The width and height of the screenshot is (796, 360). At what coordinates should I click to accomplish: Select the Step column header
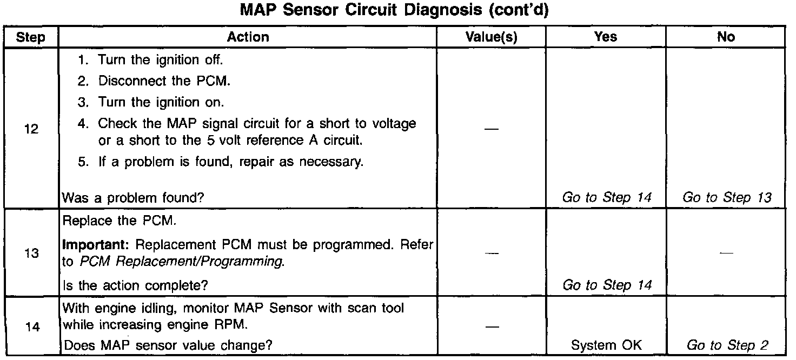pyautogui.click(x=30, y=37)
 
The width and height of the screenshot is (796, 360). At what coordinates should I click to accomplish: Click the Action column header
pyautogui.click(x=248, y=37)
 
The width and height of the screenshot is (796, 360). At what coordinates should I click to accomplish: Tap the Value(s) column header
pyautogui.click(x=491, y=37)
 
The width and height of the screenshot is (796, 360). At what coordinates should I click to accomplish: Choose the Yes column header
pyautogui.click(x=606, y=37)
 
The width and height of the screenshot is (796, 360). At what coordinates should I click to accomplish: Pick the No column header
pyautogui.click(x=726, y=37)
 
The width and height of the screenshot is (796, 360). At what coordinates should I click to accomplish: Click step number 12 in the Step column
pyautogui.click(x=31, y=130)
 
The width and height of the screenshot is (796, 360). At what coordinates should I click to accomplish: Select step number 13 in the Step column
pyautogui.click(x=31, y=254)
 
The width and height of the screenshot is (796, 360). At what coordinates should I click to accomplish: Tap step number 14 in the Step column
pyautogui.click(x=31, y=326)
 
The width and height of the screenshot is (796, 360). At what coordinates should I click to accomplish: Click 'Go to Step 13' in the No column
pyautogui.click(x=727, y=198)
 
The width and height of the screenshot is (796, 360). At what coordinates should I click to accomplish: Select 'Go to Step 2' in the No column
pyautogui.click(x=727, y=345)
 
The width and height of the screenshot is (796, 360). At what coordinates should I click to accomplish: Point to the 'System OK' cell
pyautogui.click(x=606, y=345)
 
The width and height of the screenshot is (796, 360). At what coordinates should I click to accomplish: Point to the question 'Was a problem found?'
pyautogui.click(x=134, y=198)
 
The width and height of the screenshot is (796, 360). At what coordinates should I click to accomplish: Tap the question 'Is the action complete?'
pyautogui.click(x=135, y=285)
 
